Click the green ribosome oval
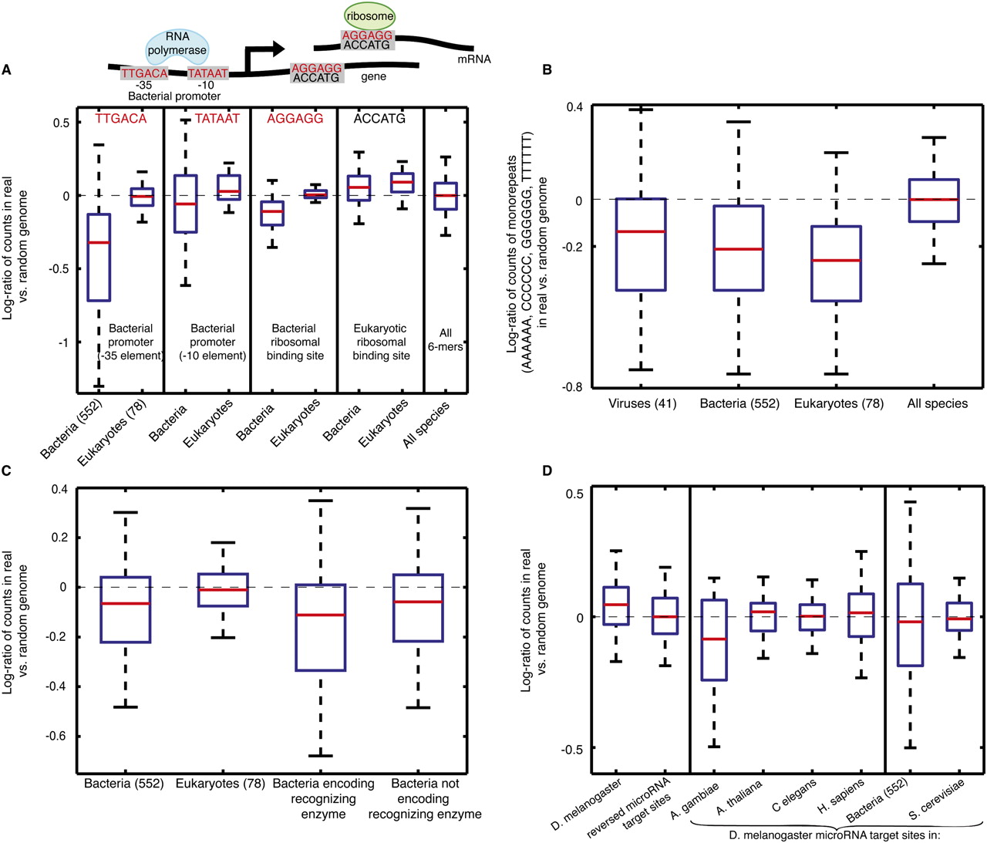(x=369, y=15)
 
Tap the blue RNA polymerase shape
(x=177, y=47)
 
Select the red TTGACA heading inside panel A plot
(x=121, y=119)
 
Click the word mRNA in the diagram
(x=473, y=59)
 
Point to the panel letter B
(x=547, y=69)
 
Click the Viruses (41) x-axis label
(x=642, y=403)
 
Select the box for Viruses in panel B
(x=641, y=244)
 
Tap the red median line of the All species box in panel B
(x=934, y=199)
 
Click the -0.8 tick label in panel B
(x=571, y=386)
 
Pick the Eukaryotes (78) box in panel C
(x=223, y=590)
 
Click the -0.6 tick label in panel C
(x=56, y=736)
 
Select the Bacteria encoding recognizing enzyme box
(x=321, y=627)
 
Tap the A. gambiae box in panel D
(x=714, y=639)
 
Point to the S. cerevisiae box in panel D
(x=959, y=616)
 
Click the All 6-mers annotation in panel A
(x=445, y=339)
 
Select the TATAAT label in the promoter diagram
(x=207, y=73)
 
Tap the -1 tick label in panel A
(x=62, y=342)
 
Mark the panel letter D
(x=547, y=470)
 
